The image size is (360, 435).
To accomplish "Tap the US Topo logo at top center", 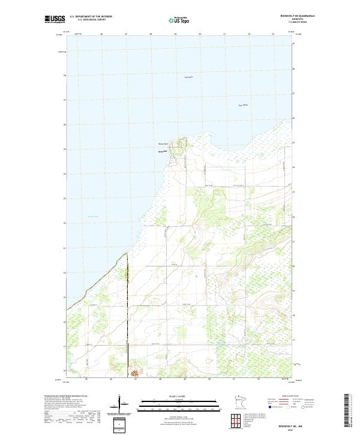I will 179,19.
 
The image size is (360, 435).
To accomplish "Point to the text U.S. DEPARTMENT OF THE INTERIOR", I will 91,16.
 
